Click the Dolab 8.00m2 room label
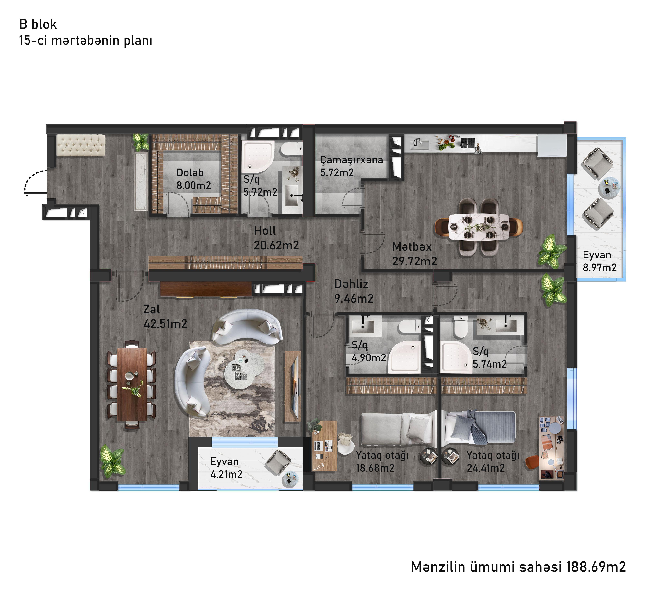point(194,179)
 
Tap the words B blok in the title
point(38,24)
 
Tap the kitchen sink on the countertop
point(419,143)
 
